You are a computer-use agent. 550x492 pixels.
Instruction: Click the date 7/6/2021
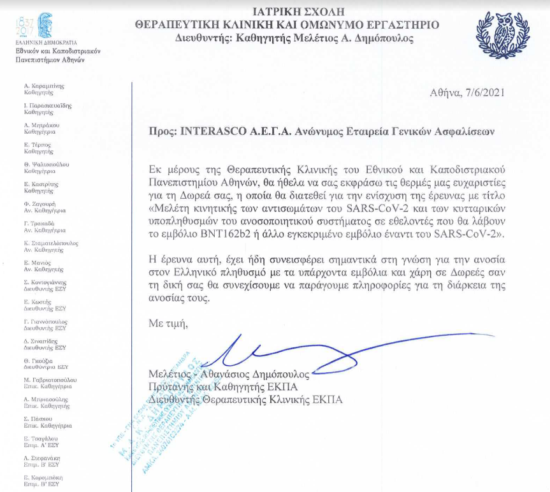(x=488, y=93)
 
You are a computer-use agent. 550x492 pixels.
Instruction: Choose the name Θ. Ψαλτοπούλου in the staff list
(x=46, y=164)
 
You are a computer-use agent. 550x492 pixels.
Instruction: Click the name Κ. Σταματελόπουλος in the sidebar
(x=50, y=243)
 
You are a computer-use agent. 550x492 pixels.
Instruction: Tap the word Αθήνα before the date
(x=447, y=93)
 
